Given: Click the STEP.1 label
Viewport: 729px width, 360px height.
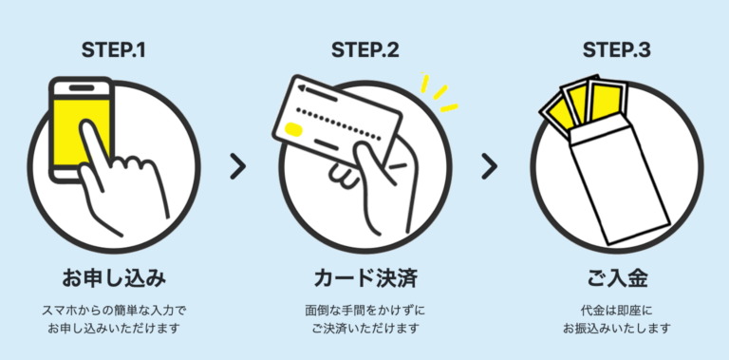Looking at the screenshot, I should (114, 48).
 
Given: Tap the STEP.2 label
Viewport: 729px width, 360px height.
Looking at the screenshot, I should (364, 48).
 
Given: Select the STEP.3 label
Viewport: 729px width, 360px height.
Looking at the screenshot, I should (615, 48).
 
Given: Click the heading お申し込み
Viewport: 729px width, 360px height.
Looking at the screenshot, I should (114, 279).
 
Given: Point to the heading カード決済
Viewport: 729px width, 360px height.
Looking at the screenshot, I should (364, 279).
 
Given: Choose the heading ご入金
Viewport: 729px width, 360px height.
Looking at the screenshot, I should (615, 279).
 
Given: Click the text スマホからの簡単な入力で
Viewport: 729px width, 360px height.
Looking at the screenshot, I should (114, 310).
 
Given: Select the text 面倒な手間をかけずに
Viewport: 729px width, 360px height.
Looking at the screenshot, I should (364, 310).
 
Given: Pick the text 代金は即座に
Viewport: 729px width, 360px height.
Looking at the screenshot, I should (615, 310).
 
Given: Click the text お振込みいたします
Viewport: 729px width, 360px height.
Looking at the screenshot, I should (615, 329).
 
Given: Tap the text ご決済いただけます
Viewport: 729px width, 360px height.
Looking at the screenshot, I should (364, 329).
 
